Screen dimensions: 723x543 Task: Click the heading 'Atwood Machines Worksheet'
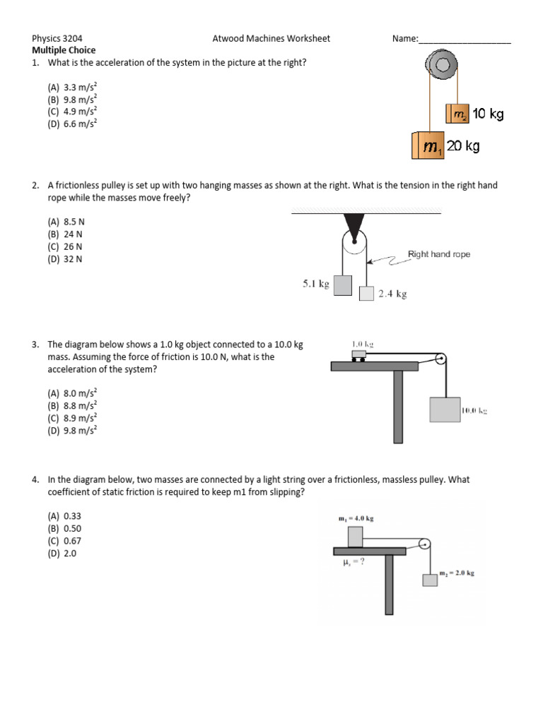pyautogui.click(x=271, y=39)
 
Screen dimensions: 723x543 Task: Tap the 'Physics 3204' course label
pyautogui.click(x=62, y=39)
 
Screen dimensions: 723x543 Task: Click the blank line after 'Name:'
pyautogui.click(x=465, y=40)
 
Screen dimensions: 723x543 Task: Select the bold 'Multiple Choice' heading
pyautogui.click(x=64, y=50)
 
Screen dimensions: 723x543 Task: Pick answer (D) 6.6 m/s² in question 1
pyautogui.click(x=72, y=123)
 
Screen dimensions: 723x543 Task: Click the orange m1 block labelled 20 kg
pyautogui.click(x=427, y=146)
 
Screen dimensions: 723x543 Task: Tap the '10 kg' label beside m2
pyautogui.click(x=488, y=114)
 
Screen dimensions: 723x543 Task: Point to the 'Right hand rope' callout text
pyautogui.click(x=438, y=254)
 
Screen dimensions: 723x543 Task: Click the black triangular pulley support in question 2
pyautogui.click(x=351, y=225)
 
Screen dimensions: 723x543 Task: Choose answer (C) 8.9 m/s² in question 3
pyautogui.click(x=72, y=417)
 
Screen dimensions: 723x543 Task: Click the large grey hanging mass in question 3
pyautogui.click(x=444, y=410)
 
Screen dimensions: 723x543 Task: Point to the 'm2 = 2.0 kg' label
pyautogui.click(x=457, y=573)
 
